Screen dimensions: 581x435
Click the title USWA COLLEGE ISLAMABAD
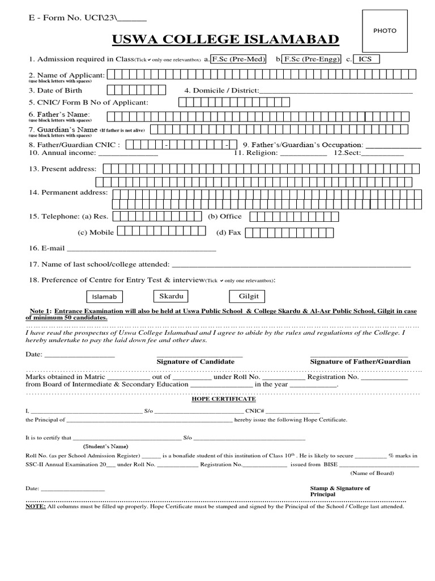click(x=225, y=39)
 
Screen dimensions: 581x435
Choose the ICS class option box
click(x=366, y=59)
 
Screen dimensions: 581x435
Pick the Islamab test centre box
click(x=104, y=297)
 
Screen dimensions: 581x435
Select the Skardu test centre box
click(x=171, y=296)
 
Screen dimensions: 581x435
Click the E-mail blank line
click(x=142, y=249)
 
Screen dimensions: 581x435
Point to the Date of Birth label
click(x=56, y=90)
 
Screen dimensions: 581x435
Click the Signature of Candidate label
click(x=195, y=361)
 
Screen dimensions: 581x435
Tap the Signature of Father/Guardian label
click(x=360, y=361)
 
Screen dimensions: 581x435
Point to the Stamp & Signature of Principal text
click(x=340, y=491)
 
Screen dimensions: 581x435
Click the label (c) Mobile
click(x=96, y=232)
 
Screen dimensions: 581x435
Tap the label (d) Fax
click(x=229, y=233)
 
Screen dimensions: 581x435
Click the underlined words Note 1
click(x=40, y=311)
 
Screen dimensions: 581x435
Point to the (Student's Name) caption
click(x=106, y=446)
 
